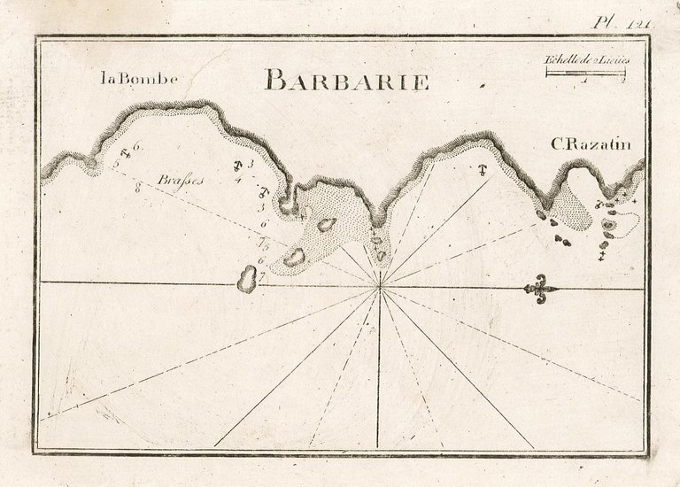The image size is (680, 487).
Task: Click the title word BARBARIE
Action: pyautogui.click(x=346, y=81)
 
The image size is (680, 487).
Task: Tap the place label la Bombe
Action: pyautogui.click(x=139, y=79)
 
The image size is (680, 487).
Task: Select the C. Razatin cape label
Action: pyautogui.click(x=590, y=144)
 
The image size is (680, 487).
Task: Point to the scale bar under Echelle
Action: pyautogui.click(x=585, y=72)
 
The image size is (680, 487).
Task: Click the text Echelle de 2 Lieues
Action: pyautogui.click(x=585, y=60)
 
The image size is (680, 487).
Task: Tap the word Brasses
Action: pyautogui.click(x=180, y=180)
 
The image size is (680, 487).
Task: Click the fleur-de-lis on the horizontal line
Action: pyautogui.click(x=539, y=288)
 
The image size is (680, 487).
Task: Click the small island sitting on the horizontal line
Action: pyautogui.click(x=245, y=281)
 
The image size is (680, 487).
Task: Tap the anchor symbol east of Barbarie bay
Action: pyautogui.click(x=483, y=169)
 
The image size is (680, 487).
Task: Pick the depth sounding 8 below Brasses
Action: pyautogui.click(x=138, y=188)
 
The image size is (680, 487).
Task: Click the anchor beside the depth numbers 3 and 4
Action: pyautogui.click(x=238, y=167)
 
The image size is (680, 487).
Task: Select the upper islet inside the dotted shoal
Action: pyautogui.click(x=326, y=225)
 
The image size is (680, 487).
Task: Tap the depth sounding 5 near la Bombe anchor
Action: pyautogui.click(x=116, y=163)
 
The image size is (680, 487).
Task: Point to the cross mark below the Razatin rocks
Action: pyautogui.click(x=601, y=257)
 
